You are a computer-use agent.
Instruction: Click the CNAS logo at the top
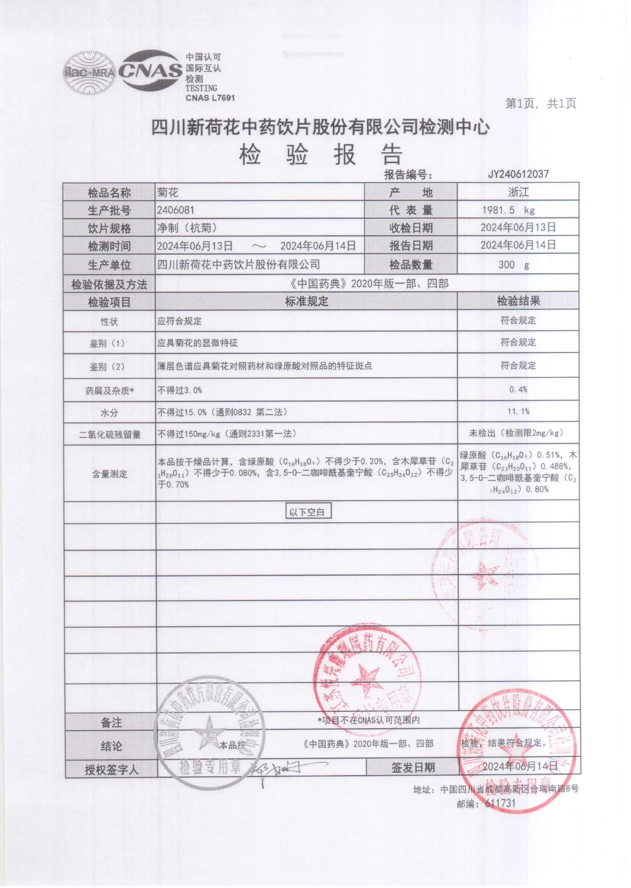tap(151, 70)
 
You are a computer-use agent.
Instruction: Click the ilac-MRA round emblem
tap(89, 73)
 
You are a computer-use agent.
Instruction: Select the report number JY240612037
tap(518, 174)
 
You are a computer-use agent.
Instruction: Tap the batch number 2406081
tap(176, 210)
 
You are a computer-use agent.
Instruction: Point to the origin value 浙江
tap(518, 192)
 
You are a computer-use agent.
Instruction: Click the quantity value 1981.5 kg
tap(508, 210)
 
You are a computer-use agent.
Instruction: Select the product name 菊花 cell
tap(168, 192)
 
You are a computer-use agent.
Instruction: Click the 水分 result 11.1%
tap(518, 411)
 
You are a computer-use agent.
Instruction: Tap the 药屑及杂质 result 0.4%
tap(518, 389)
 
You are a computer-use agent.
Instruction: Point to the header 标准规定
tap(306, 301)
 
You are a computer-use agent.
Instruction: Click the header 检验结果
tap(518, 301)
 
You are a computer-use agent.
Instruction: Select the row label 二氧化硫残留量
tap(110, 434)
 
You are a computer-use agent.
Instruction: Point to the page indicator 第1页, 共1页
tap(540, 103)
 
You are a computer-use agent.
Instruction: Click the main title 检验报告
tap(321, 155)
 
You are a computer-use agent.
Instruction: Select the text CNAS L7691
tap(210, 98)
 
